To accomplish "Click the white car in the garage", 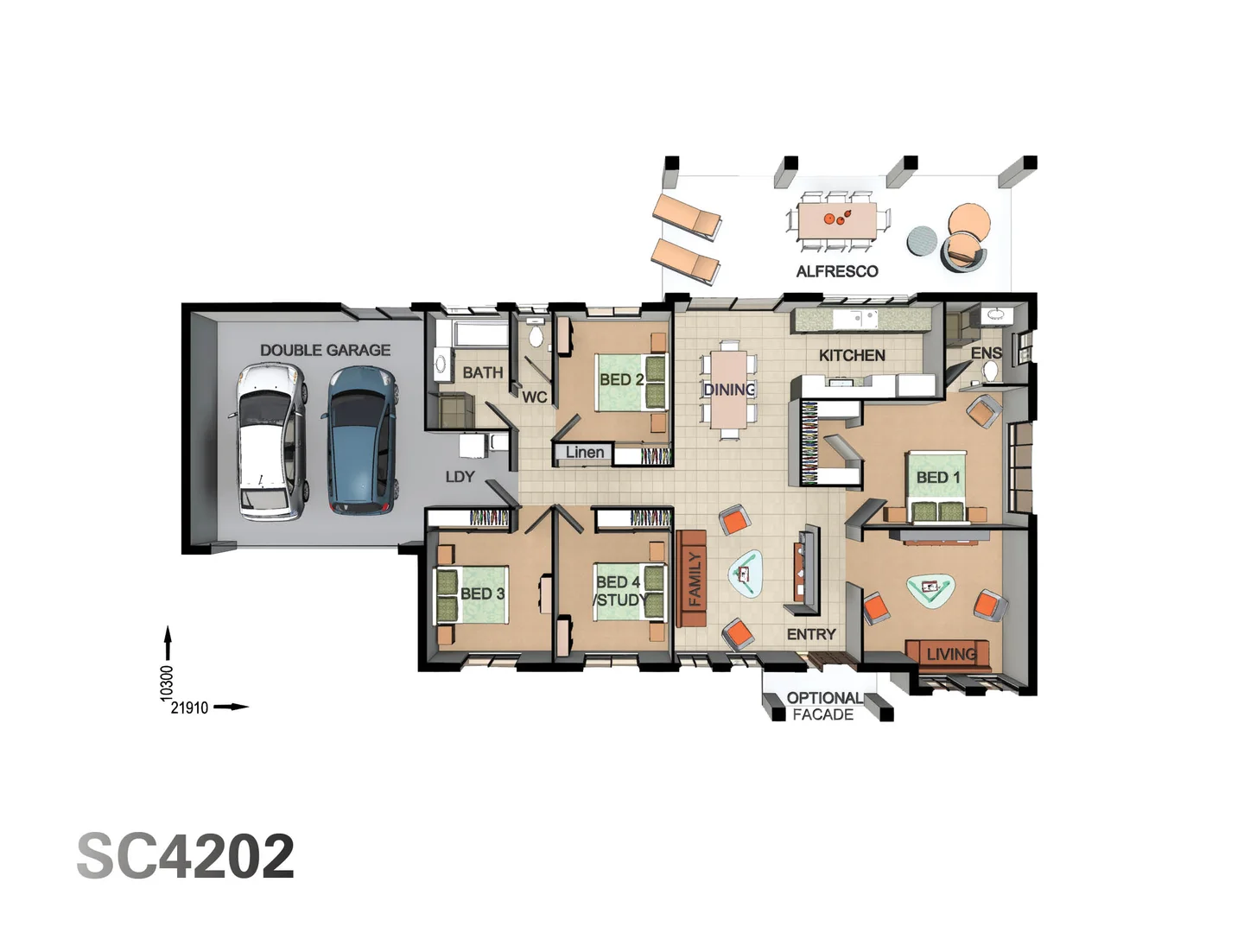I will click(271, 441).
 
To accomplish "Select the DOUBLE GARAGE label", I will click(325, 350).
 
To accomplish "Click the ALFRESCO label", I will click(836, 271).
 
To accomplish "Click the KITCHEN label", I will click(852, 355).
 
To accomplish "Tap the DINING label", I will click(729, 390).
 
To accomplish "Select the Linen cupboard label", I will click(585, 452).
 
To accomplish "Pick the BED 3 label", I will click(482, 593).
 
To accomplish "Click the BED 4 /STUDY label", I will click(620, 591).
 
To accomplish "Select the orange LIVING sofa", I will click(948, 654).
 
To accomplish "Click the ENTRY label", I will click(811, 634).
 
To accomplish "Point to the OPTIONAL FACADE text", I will click(823, 706).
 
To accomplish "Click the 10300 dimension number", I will click(168, 682).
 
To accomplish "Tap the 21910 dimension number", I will click(189, 708).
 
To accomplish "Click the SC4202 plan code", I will click(186, 856).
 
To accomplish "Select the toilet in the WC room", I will click(536, 336).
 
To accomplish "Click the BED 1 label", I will click(937, 477).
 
